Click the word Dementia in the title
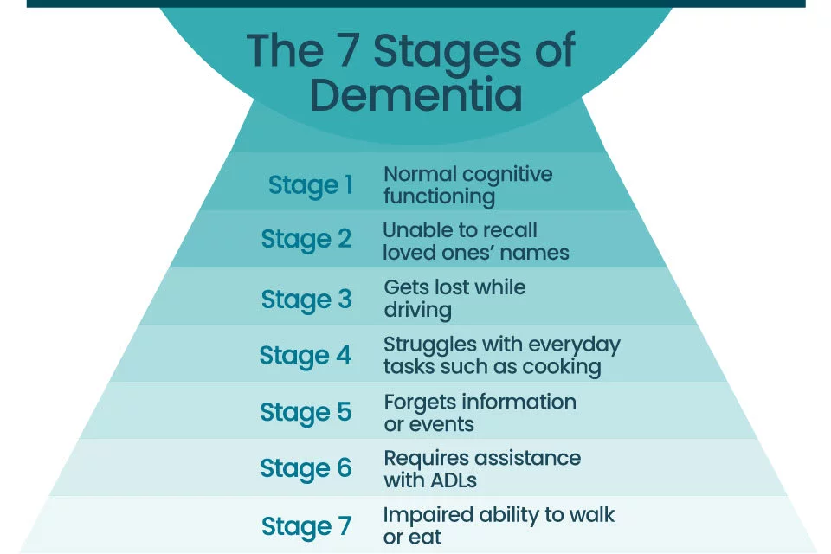(416, 94)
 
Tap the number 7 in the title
(348, 50)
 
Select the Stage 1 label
(311, 185)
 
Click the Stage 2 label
(306, 239)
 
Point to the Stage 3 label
(306, 300)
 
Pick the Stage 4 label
(306, 356)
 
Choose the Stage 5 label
(306, 412)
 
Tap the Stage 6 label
(306, 468)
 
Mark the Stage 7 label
(306, 526)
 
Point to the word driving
(417, 311)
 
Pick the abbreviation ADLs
(453, 480)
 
